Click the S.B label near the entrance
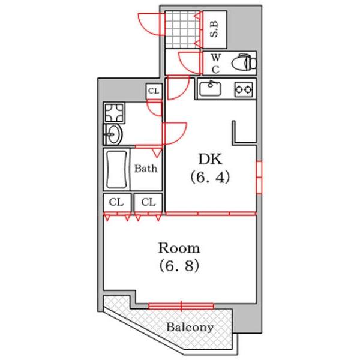click(x=214, y=29)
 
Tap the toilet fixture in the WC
click(x=244, y=62)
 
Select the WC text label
click(x=215, y=64)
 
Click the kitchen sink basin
click(x=210, y=89)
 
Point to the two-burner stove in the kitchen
click(x=244, y=89)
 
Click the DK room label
click(x=210, y=159)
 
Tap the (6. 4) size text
click(x=210, y=177)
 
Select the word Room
click(x=179, y=248)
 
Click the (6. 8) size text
click(x=179, y=266)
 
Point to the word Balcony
click(x=190, y=327)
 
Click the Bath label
click(x=146, y=169)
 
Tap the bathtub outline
click(x=116, y=169)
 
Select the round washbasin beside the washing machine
click(x=113, y=134)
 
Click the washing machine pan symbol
click(x=114, y=112)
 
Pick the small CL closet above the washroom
click(x=154, y=91)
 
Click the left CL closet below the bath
click(x=117, y=203)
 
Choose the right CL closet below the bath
click(x=148, y=203)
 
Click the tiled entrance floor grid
click(x=182, y=29)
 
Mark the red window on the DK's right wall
click(x=259, y=178)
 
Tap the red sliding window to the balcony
click(x=181, y=306)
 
